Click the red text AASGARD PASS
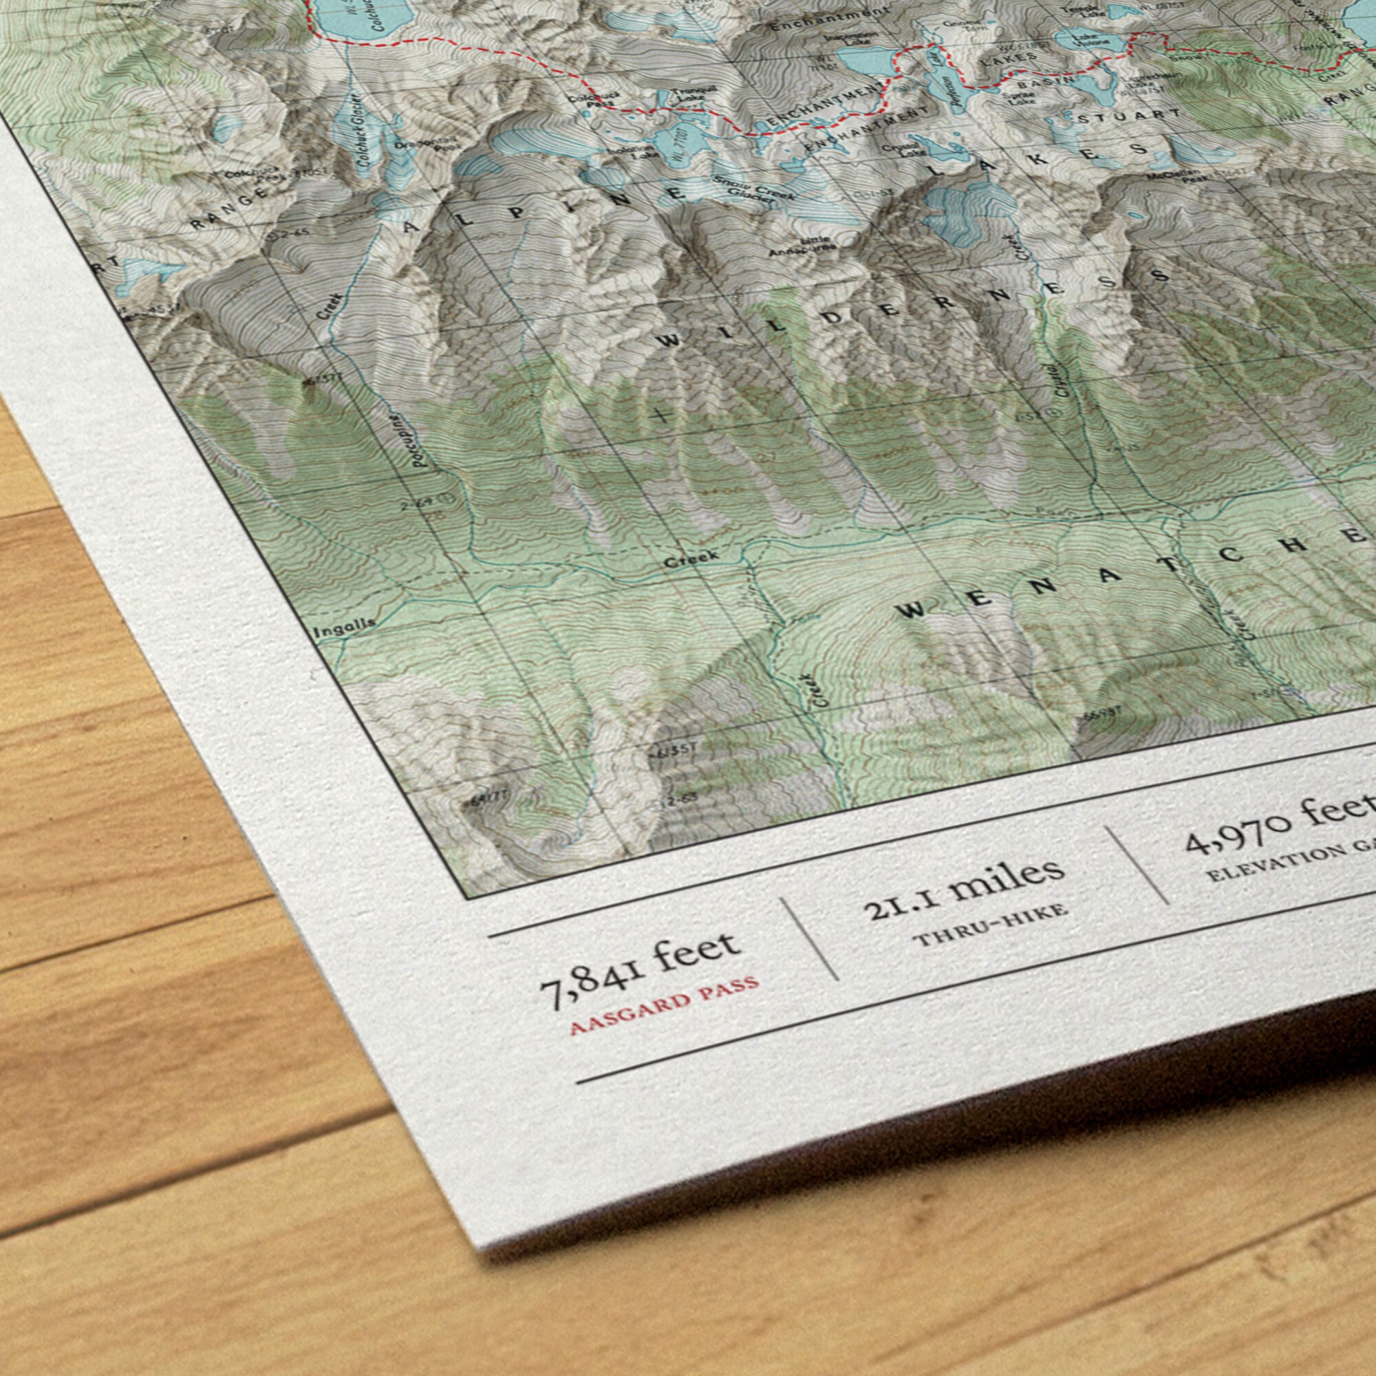point(665,1005)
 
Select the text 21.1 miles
point(965,886)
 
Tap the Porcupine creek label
point(421,440)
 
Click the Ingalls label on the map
point(344,627)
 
